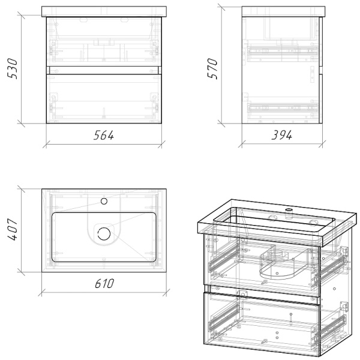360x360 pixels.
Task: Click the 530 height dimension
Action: [13, 68]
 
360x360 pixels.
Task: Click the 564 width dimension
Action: [104, 135]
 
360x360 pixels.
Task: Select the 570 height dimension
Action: [212, 68]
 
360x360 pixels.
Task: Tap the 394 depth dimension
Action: [282, 135]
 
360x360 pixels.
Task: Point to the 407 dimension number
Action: [13, 230]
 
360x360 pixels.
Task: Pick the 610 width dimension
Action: [104, 284]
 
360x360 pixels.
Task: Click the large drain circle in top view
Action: [104, 234]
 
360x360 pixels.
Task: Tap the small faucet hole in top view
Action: [104, 202]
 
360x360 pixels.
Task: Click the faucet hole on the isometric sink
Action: [289, 210]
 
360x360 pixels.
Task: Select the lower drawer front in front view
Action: [104, 98]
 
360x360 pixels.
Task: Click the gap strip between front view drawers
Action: [104, 70]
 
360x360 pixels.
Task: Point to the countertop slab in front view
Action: [104, 11]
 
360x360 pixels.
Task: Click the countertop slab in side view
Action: [284, 11]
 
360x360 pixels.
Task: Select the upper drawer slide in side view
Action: [283, 51]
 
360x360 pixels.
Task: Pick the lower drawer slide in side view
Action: [283, 107]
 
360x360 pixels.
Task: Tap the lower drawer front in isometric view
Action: [261, 324]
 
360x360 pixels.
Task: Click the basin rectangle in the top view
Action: [104, 237]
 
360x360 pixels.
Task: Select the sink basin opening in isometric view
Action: [274, 220]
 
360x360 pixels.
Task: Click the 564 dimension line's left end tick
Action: [46, 145]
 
